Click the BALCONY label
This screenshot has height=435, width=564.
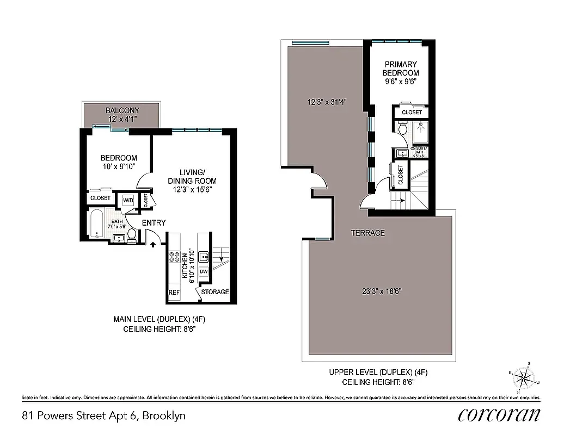(x=122, y=110)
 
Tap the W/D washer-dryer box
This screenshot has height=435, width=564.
(x=128, y=200)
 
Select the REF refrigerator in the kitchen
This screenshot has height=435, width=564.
(x=174, y=292)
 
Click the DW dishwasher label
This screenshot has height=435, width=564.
(x=204, y=271)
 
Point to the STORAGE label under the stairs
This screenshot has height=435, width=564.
(x=215, y=292)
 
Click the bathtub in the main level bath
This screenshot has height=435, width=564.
(x=97, y=224)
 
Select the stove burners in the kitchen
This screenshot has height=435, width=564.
(x=175, y=257)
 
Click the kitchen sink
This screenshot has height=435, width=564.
(x=204, y=256)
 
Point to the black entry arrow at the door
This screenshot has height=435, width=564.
(x=153, y=245)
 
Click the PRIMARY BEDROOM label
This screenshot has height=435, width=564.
(x=401, y=68)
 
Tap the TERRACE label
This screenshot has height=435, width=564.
(x=367, y=233)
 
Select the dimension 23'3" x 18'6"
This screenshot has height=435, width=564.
(x=380, y=291)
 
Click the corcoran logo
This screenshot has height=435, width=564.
(x=499, y=415)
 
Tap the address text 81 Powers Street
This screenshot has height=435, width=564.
(x=103, y=416)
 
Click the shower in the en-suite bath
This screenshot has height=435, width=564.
(x=420, y=132)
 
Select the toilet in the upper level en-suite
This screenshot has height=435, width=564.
(x=403, y=129)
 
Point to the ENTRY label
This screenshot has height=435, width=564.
(x=154, y=223)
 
